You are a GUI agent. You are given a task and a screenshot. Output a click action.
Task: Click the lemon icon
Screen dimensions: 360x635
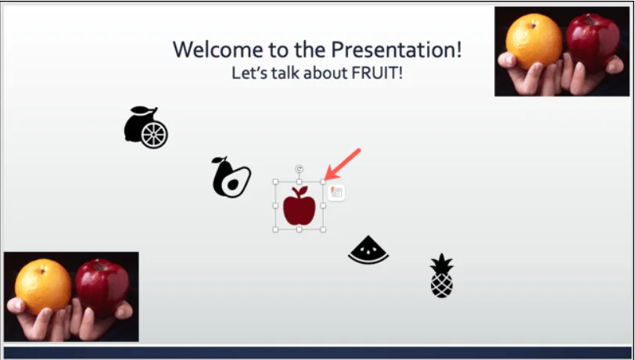coord(145,128)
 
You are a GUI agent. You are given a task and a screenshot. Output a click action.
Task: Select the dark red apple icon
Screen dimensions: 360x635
coord(299,207)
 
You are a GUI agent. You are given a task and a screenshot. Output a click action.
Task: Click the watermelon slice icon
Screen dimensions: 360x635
coord(368,250)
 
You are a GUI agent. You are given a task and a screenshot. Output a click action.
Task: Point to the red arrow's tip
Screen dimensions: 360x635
coord(326,179)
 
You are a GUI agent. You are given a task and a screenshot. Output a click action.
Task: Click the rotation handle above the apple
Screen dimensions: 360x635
coord(300,169)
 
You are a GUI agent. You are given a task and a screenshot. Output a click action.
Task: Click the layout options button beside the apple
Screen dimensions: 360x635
coord(336,193)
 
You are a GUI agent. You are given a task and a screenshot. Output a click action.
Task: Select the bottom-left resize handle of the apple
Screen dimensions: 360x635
coord(275,230)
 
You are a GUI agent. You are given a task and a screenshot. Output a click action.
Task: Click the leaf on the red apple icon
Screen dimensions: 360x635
coord(303,190)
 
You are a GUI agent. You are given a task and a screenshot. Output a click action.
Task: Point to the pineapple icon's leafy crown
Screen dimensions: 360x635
coord(442,262)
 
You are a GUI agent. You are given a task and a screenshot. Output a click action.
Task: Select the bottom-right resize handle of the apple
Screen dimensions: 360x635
coord(324,230)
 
